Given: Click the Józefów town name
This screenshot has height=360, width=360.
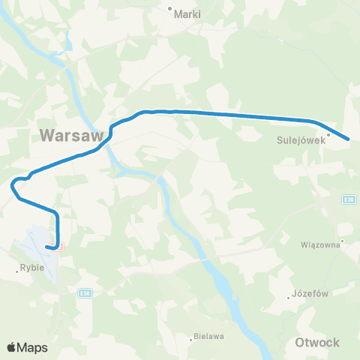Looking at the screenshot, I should click(x=311, y=294).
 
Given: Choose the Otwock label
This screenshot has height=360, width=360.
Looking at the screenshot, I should click(x=318, y=342).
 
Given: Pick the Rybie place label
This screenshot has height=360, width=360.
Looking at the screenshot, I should click(x=32, y=268).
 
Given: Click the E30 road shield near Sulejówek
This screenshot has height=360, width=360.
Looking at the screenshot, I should click(x=349, y=199).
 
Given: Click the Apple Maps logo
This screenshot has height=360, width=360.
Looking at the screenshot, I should click(x=28, y=347).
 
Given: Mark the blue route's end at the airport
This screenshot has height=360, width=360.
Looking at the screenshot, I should click(x=47, y=246).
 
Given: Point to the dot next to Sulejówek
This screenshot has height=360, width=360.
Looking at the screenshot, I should click(x=328, y=135).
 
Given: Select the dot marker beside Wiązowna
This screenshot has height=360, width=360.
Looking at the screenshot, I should click(x=342, y=241).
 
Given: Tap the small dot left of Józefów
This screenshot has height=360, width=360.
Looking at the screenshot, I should click(x=289, y=297).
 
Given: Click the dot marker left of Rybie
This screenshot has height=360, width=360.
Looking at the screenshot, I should click(x=17, y=271).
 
